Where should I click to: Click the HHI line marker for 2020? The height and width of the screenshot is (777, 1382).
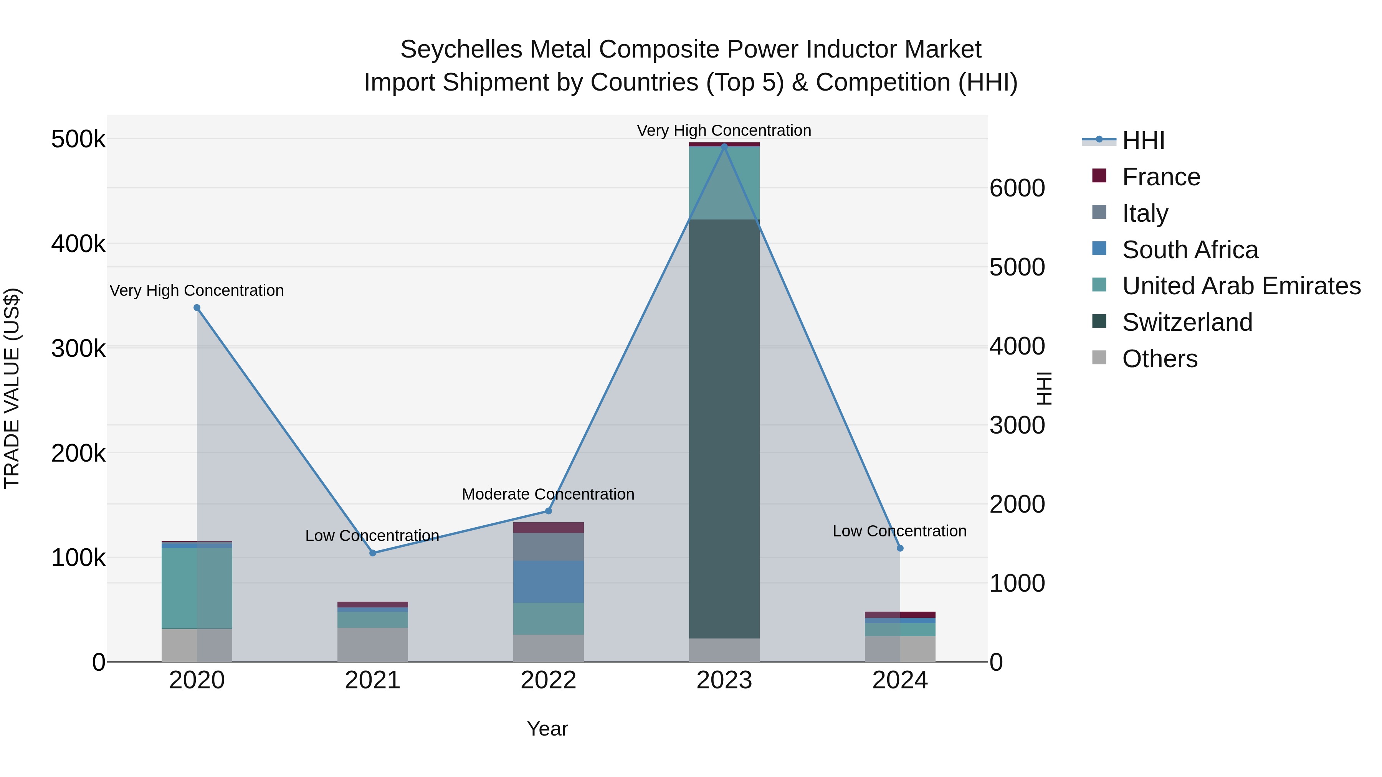pos(197,308)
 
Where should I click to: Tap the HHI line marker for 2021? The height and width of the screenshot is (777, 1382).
pos(373,553)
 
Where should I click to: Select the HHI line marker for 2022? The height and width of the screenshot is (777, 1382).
pos(548,511)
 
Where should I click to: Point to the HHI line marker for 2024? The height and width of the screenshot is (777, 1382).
pos(900,548)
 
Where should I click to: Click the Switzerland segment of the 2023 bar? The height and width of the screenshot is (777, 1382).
pos(724,429)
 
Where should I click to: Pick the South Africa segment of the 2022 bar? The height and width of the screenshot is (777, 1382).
pos(548,582)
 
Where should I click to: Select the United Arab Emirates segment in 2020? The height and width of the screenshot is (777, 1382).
pos(197,588)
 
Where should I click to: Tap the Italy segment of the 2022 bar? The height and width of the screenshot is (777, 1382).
pos(548,546)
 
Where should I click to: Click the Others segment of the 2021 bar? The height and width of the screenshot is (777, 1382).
pos(373,645)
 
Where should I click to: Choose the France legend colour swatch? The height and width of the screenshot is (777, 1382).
pos(1099,176)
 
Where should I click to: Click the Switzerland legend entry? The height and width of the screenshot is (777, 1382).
pos(1187,322)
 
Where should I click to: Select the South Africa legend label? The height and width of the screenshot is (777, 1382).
pos(1190,250)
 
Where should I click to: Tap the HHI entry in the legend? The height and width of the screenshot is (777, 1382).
pos(1143,140)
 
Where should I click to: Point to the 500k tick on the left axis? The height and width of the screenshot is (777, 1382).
pos(78,139)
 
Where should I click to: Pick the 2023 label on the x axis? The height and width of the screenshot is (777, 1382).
pos(724,680)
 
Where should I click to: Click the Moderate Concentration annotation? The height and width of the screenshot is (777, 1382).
pos(548,494)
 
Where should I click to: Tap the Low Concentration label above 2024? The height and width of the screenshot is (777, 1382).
pos(900,531)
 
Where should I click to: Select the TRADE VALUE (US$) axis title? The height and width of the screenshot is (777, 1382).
pos(12,388)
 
